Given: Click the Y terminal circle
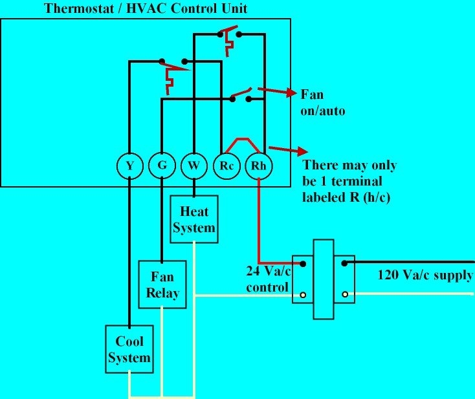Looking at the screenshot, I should [x=130, y=166].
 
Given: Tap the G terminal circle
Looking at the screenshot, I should [x=161, y=166].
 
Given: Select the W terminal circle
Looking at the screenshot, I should [x=193, y=166].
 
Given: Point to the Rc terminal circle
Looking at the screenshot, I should [x=226, y=166].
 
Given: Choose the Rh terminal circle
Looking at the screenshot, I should [x=260, y=166].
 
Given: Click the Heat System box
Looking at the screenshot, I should [x=193, y=220].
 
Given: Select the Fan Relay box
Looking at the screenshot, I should [x=161, y=284].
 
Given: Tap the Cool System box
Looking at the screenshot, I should [x=129, y=349].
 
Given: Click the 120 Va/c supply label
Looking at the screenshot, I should [x=425, y=275].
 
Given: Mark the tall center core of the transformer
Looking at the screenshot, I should [x=323, y=279].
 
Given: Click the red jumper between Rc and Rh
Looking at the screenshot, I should [x=243, y=142].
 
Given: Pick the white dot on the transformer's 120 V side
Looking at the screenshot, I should [x=345, y=294].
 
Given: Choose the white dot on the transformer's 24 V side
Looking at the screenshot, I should [x=302, y=295].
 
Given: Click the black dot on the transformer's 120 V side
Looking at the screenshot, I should [x=345, y=263].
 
